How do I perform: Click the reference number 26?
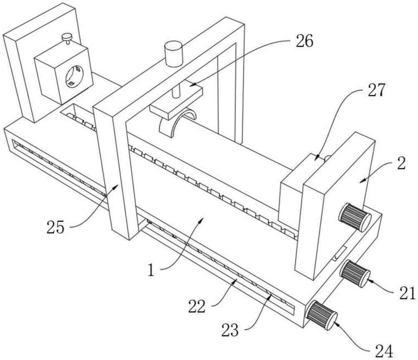304,41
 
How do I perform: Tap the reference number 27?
377,90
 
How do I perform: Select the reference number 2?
401,163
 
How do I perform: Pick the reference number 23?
230,330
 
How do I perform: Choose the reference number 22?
197,306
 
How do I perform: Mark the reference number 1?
151,271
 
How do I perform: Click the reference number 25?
56,227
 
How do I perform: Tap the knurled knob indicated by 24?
321,315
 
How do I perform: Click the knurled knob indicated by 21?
355,273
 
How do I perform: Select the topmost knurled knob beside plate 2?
355,217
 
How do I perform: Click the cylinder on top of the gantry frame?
173,54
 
